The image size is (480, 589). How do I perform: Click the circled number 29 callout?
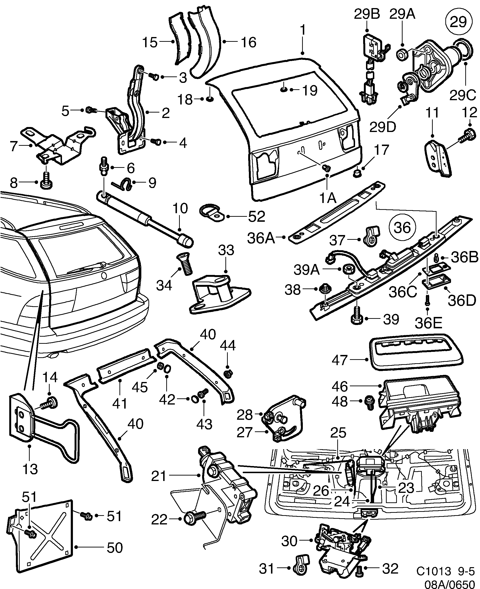(x=458, y=22)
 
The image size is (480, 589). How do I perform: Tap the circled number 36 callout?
(x=402, y=227)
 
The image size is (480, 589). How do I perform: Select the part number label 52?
(x=256, y=217)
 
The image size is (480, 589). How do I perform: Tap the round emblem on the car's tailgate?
(x=104, y=276)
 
